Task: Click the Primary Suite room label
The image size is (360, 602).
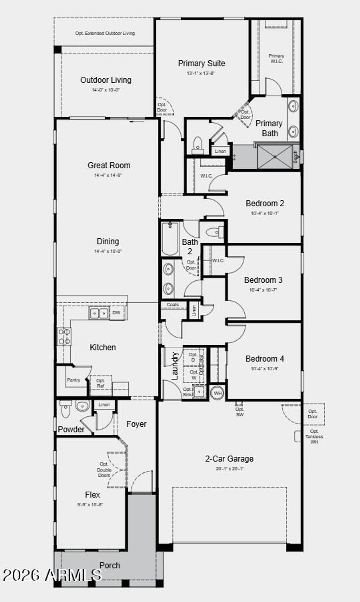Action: click(x=201, y=63)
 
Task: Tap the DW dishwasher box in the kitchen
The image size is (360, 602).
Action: click(x=116, y=313)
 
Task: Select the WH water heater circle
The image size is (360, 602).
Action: click(x=218, y=393)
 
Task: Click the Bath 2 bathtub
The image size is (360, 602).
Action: click(x=170, y=238)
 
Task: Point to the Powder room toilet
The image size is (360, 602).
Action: click(x=66, y=409)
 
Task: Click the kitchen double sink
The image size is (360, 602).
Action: click(x=99, y=313)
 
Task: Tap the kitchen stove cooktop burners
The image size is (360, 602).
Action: click(x=64, y=337)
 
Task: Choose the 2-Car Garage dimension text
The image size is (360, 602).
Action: click(x=229, y=469)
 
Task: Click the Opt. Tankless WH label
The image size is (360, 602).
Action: click(x=314, y=436)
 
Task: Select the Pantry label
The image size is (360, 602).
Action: click(x=73, y=380)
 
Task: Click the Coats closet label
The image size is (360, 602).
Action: click(x=173, y=305)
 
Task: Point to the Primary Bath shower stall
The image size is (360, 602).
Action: click(x=275, y=157)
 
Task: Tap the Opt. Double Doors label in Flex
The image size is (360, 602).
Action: click(x=104, y=470)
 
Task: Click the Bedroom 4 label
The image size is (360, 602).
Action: click(x=264, y=359)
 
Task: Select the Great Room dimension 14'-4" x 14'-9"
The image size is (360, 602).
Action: click(x=108, y=175)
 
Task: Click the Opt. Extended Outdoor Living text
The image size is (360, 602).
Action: click(x=105, y=33)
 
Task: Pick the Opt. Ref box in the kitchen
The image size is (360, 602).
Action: click(x=101, y=383)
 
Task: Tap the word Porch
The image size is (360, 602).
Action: click(x=110, y=565)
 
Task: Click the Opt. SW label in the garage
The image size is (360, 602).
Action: click(x=239, y=412)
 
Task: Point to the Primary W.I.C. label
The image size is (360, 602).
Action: click(x=276, y=58)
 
